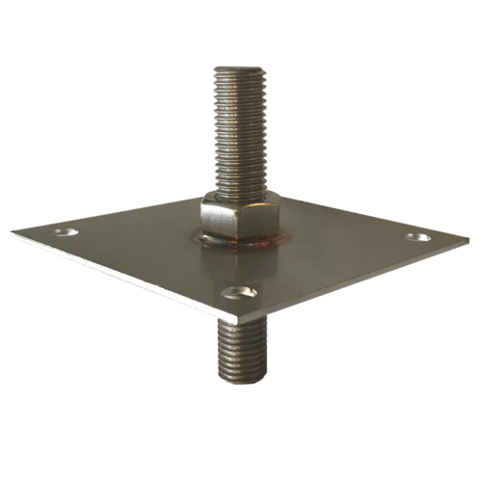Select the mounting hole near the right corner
coord(417,236)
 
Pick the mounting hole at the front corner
coord(238,290)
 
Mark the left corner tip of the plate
coord(14,231)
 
